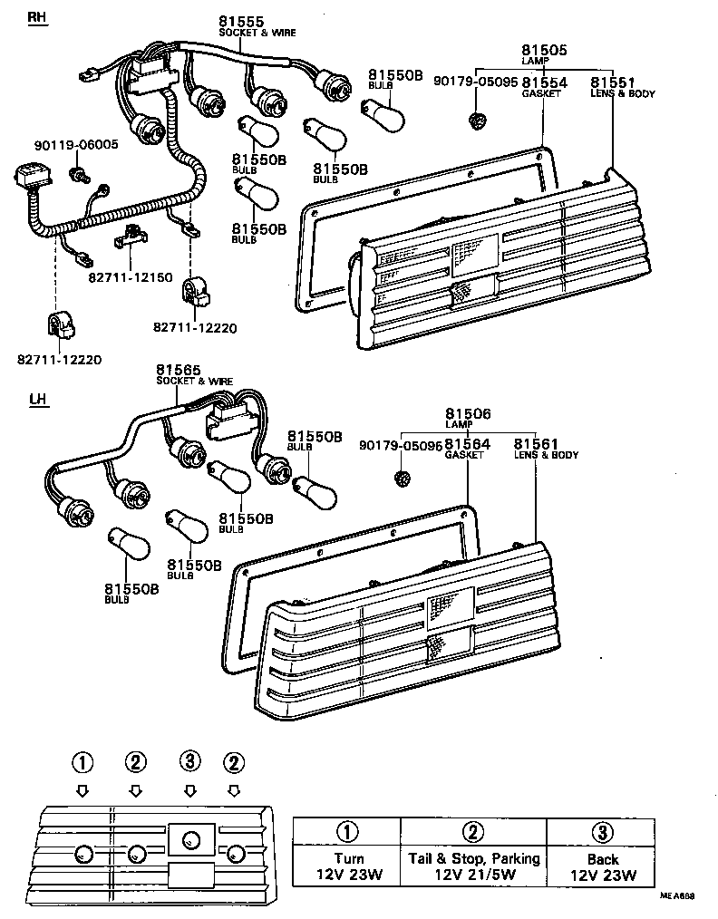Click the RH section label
pos(36,18)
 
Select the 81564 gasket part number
pos(468,444)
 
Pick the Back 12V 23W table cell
pos(602,866)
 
